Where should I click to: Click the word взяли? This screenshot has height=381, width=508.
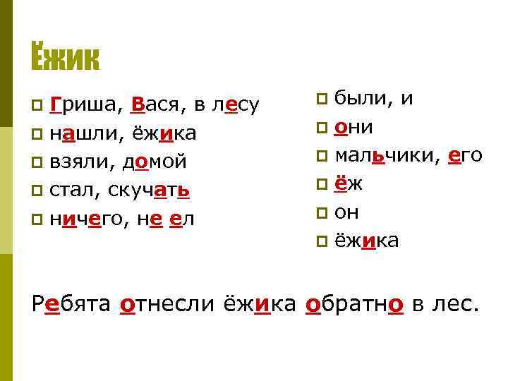[78, 162]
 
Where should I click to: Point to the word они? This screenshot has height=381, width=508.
[354, 127]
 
